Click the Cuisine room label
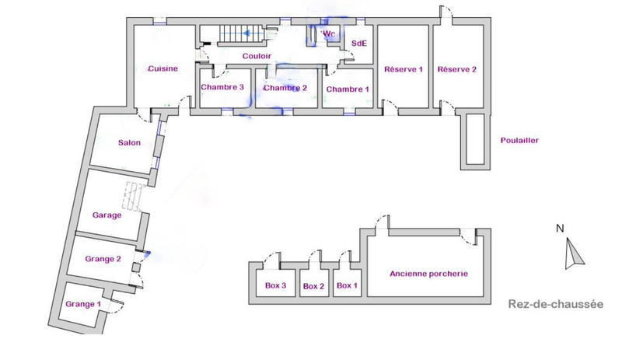tap(163, 68)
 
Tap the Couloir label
tap(256, 56)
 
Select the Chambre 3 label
tap(223, 87)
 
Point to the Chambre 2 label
tap(285, 88)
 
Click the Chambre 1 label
tap(348, 89)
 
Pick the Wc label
tap(329, 33)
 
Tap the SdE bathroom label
tap(358, 44)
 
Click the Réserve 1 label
tap(403, 70)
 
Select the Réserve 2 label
tap(457, 70)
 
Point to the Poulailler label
tap(520, 141)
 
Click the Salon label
tap(129, 142)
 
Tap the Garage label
tap(107, 215)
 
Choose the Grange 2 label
tap(103, 259)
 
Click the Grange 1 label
tap(84, 303)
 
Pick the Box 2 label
tap(313, 286)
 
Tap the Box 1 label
tap(347, 285)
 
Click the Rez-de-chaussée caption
tap(555, 304)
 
